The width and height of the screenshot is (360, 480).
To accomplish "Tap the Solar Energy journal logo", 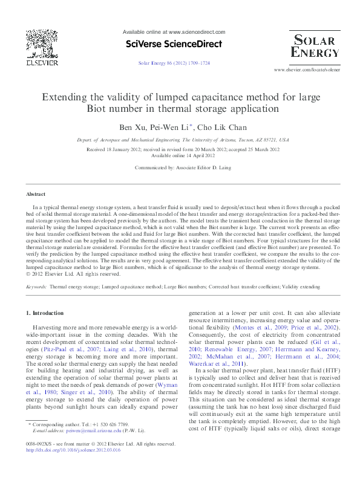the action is click(x=315, y=45).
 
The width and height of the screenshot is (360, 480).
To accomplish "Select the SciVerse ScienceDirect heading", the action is click(x=174, y=44).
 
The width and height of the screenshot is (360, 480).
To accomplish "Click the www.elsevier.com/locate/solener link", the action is click(x=307, y=70).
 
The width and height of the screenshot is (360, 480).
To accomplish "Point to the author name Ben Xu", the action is click(x=133, y=126).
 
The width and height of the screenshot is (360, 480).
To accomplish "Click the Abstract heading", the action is click(x=36, y=194).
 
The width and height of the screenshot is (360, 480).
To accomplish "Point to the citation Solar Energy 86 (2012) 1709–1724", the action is click(x=174, y=62).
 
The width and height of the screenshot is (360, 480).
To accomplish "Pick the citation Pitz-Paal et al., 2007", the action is click(x=63, y=350).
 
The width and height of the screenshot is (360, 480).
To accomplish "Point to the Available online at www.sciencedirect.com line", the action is click(x=174, y=31).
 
